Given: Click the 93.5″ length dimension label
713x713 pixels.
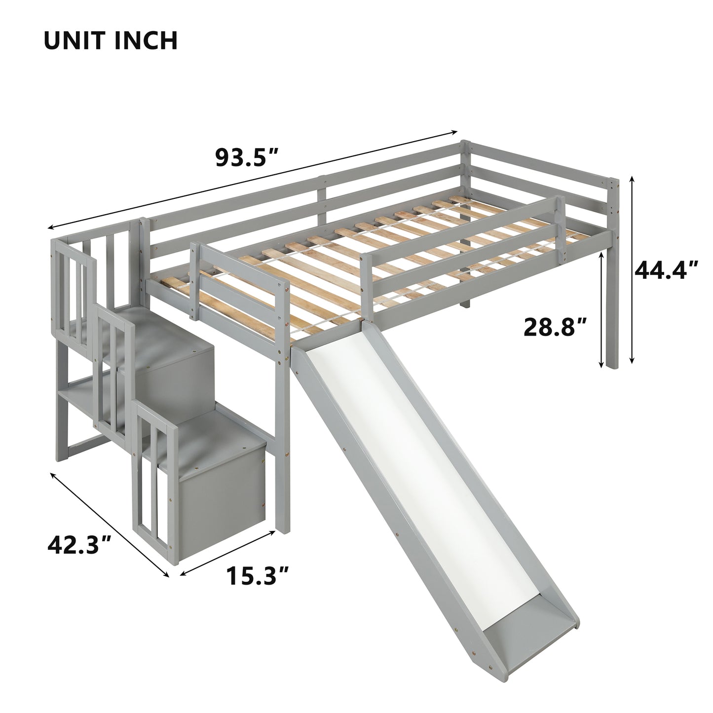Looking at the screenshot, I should pyautogui.click(x=247, y=157).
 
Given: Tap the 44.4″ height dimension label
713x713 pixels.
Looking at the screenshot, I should pyautogui.click(x=667, y=270).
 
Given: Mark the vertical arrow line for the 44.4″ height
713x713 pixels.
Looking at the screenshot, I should pyautogui.click(x=631, y=271).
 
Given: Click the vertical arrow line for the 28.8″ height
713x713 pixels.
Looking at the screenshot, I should pyautogui.click(x=601, y=308).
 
